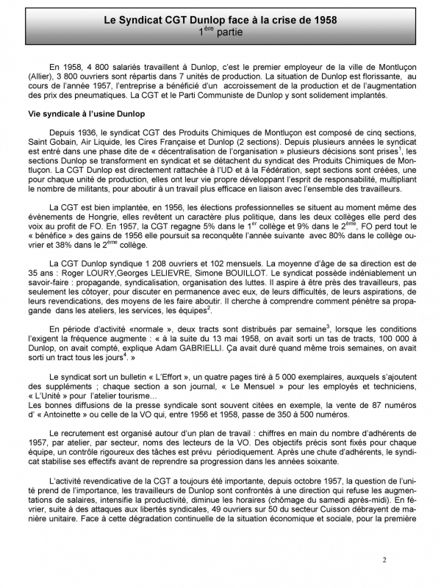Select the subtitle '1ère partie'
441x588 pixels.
pos(222,32)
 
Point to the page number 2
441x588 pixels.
pos(384,560)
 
